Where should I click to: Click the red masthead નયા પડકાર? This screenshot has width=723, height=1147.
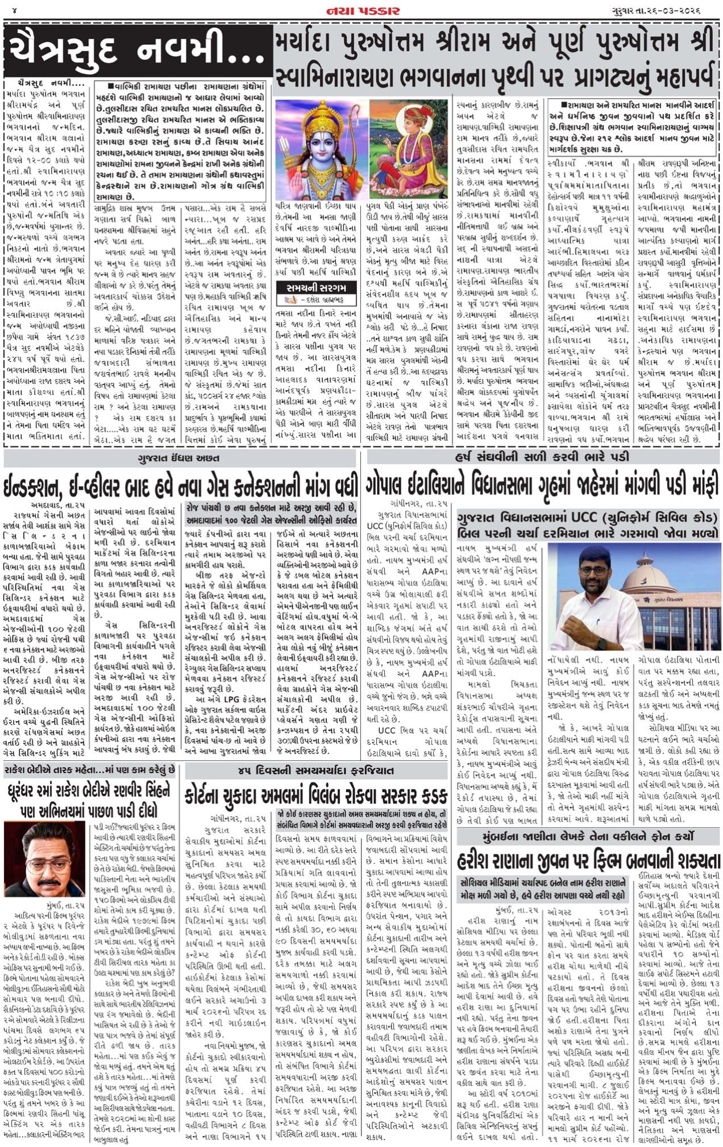click(x=363, y=11)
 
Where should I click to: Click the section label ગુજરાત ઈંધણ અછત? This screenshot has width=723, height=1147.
click(x=178, y=458)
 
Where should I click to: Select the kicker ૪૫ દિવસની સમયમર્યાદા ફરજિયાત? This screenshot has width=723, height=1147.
click(x=315, y=771)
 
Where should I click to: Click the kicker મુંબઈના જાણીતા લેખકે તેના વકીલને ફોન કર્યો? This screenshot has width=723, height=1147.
click(x=588, y=836)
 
